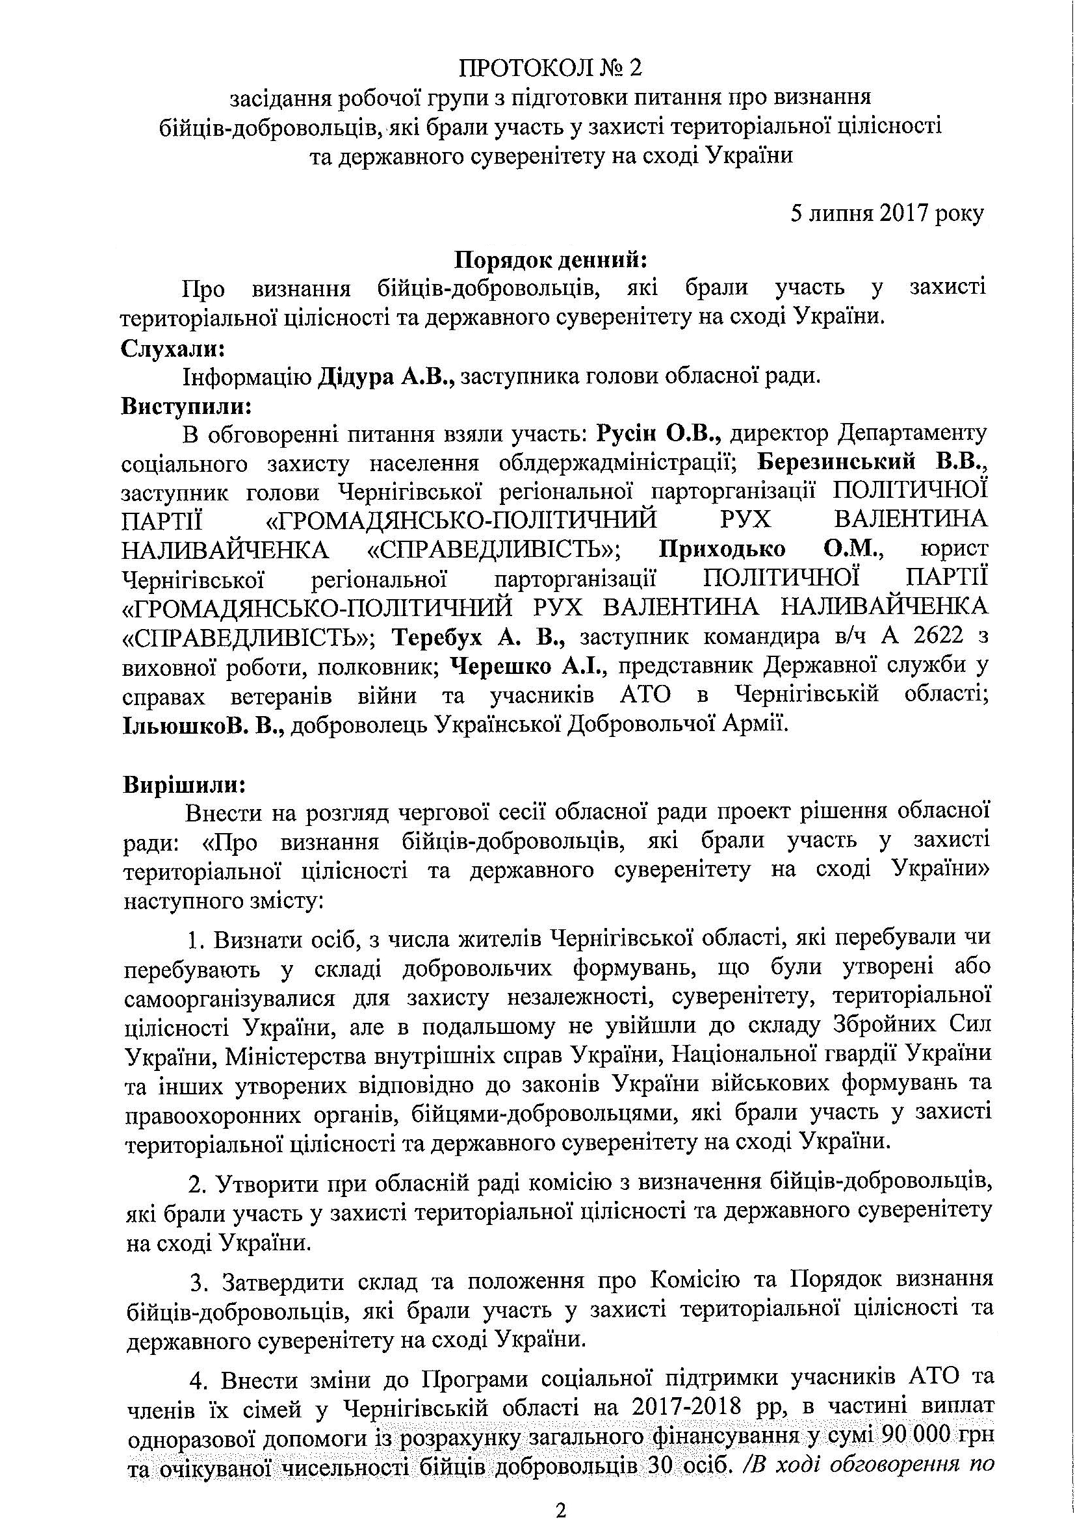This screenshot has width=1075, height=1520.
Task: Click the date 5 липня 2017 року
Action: tap(887, 213)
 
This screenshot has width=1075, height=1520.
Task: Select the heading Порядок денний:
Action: tap(550, 260)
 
